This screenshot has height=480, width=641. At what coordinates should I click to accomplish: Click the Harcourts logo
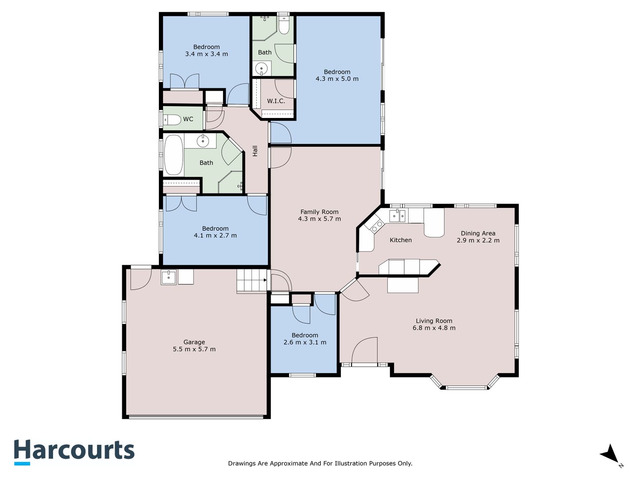point(74,452)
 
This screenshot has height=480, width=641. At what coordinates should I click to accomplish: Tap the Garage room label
point(194,342)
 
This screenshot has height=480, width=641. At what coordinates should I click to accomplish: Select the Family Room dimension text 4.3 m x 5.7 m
point(319,219)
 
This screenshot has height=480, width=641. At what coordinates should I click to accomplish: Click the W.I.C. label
point(276,101)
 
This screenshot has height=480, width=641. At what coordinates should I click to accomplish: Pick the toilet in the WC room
point(172,119)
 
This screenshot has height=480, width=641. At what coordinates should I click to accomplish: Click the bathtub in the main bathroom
point(174,155)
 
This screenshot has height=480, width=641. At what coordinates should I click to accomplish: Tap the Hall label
point(255,151)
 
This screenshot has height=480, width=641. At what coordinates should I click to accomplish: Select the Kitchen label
point(401,240)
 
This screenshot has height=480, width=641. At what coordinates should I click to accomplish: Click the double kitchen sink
point(398,216)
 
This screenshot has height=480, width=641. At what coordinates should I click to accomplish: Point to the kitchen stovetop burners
point(376,226)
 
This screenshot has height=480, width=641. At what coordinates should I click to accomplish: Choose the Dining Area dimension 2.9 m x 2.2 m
point(478,240)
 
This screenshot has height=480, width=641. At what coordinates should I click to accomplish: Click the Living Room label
point(434,321)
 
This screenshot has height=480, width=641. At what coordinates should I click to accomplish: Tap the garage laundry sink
point(169,277)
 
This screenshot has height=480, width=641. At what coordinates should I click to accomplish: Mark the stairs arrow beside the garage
point(265,280)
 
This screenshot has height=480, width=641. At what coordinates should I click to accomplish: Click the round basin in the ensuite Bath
point(261,69)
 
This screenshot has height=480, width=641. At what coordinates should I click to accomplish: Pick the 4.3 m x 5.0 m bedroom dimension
point(337,79)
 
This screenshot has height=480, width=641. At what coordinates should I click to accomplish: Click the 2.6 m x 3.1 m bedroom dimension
point(305,342)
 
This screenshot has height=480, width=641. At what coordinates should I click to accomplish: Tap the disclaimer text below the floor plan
point(320,463)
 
